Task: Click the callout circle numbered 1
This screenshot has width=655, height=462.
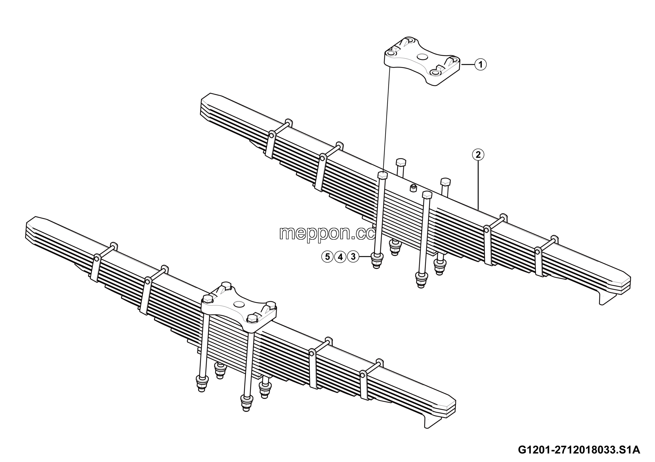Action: click(481, 65)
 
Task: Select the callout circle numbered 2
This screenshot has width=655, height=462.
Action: click(478, 155)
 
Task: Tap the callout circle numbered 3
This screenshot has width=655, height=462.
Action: click(353, 257)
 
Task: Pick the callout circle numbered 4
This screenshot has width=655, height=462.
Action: click(340, 257)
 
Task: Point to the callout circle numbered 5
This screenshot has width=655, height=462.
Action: click(327, 257)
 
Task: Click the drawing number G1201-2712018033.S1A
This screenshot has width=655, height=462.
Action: click(579, 450)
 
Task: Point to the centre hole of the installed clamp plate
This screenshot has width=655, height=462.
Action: click(239, 304)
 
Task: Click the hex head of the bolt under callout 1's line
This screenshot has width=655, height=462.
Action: click(383, 175)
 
